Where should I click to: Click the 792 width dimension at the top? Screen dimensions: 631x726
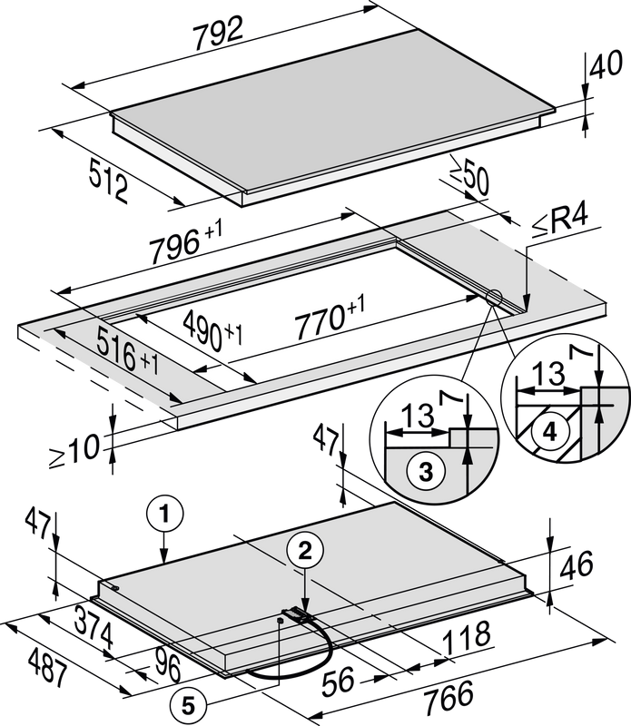tap(218, 33)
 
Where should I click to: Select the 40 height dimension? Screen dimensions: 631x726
tap(605, 64)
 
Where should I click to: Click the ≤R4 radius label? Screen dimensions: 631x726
tap(559, 221)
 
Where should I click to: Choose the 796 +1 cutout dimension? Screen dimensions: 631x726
tap(185, 241)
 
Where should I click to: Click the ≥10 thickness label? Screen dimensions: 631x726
tap(74, 451)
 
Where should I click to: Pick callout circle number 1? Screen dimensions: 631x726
tap(164, 514)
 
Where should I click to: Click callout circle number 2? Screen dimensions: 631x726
tap(304, 551)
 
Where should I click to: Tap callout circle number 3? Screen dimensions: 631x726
tap(426, 472)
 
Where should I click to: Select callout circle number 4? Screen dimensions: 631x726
tap(550, 433)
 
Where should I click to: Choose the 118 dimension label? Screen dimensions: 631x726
tap(467, 638)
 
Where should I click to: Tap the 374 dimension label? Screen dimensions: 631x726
tap(94, 627)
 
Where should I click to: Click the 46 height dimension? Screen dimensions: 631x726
tap(577, 564)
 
